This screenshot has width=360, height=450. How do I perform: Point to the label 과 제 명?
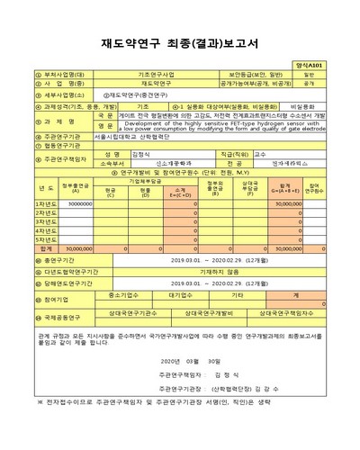coord(63,121)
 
